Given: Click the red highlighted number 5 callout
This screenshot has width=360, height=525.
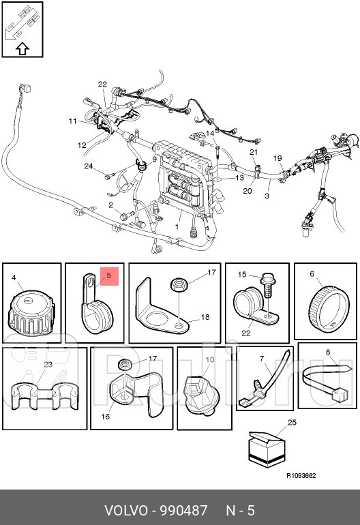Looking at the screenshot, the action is (110, 276).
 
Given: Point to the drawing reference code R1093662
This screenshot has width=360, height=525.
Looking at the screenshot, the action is (301, 475).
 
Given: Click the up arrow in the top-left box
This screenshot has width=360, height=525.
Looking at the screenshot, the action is (22, 49).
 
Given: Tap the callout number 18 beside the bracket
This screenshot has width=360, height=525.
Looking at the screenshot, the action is (205, 317).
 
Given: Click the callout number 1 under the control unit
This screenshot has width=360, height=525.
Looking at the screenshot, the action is (177, 226).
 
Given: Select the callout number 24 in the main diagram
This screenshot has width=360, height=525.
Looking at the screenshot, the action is (89, 166).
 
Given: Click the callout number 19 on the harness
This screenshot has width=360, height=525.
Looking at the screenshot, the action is (277, 158).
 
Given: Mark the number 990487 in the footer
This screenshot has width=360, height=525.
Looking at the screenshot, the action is (183, 511).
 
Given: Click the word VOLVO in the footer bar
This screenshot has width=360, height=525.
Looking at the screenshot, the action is (126, 511).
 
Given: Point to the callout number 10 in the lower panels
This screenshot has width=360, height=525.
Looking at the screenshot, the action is (210, 359).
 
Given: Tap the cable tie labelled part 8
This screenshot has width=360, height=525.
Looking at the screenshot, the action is (327, 382).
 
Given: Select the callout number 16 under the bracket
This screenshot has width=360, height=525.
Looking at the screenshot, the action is (106, 417).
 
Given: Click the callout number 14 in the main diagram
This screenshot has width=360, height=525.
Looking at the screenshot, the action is (210, 133).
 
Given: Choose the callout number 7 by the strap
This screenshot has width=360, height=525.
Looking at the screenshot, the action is (262, 359).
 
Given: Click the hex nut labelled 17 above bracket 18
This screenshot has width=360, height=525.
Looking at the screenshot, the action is (179, 284).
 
